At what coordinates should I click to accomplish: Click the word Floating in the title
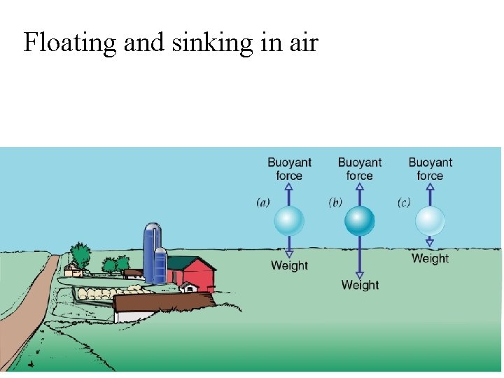click(69, 43)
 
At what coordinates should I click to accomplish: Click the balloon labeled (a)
click(289, 221)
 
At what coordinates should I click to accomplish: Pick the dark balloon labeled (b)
click(360, 221)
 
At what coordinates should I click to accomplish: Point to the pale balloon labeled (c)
click(430, 221)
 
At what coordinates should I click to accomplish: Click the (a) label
click(263, 203)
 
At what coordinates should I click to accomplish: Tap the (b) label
click(335, 203)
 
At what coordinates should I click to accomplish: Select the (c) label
click(404, 203)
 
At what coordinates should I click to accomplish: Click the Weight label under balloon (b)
click(360, 285)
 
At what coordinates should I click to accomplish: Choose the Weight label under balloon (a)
click(289, 265)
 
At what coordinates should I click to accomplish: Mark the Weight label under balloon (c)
click(430, 258)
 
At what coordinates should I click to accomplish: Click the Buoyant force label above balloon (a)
click(289, 169)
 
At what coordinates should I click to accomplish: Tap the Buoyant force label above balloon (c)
click(430, 169)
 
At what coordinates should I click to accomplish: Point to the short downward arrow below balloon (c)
click(430, 241)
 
